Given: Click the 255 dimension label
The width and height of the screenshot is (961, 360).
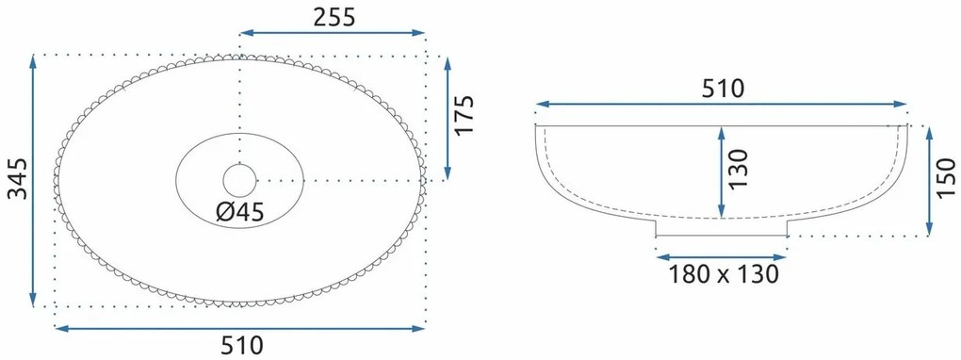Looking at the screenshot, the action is [334, 17].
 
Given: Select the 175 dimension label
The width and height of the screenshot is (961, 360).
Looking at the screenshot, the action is [464, 115].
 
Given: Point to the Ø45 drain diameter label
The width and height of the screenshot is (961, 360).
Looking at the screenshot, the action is [240, 212].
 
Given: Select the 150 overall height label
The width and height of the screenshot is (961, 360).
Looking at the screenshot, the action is [946, 178].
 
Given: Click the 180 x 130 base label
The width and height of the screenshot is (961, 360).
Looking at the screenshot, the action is [723, 273].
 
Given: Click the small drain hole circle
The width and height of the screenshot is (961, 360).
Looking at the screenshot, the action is [239, 180].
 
